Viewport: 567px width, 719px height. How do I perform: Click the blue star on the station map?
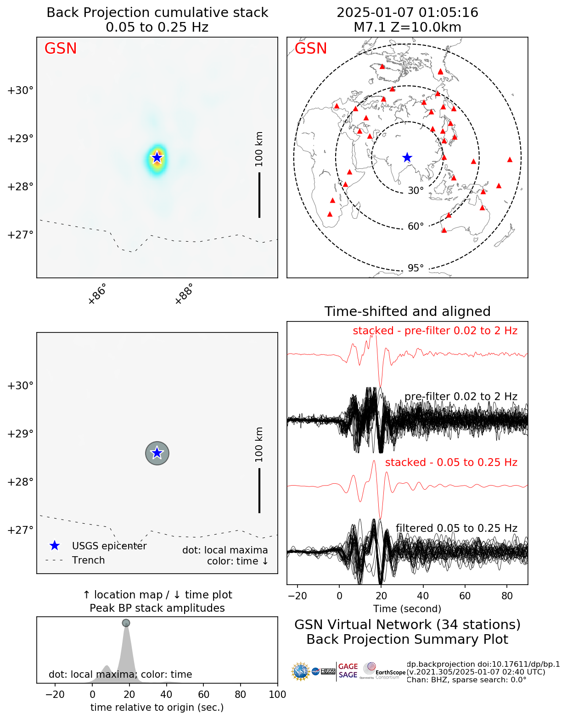(x=407, y=157)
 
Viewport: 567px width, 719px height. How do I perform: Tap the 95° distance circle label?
(x=415, y=268)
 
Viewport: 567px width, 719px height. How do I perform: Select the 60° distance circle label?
(x=415, y=226)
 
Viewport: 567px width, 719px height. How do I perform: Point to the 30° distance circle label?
(x=415, y=190)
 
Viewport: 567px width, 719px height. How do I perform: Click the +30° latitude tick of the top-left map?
(x=20, y=90)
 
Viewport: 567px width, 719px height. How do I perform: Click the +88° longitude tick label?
(x=184, y=294)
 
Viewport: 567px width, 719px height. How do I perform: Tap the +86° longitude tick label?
(x=97, y=294)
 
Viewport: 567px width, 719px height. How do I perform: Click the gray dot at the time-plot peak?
(x=126, y=623)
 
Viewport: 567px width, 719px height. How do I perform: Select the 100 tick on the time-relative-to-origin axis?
(x=277, y=694)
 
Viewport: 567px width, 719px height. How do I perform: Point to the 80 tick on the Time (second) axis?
(x=507, y=596)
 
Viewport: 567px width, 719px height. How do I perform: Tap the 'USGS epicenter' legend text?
(x=109, y=546)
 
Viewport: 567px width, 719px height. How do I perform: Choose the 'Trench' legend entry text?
(x=88, y=560)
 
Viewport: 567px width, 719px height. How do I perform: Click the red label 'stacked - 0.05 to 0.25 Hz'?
(x=451, y=462)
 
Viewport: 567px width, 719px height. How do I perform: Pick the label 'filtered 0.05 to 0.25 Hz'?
(x=456, y=528)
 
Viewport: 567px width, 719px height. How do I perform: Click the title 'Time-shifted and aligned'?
(x=407, y=311)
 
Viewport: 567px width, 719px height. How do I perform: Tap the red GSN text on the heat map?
(x=61, y=49)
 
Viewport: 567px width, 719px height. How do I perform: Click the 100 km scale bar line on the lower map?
(x=259, y=490)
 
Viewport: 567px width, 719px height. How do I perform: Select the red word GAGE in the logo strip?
(x=348, y=666)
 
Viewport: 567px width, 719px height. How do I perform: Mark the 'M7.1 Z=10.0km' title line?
(x=407, y=28)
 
